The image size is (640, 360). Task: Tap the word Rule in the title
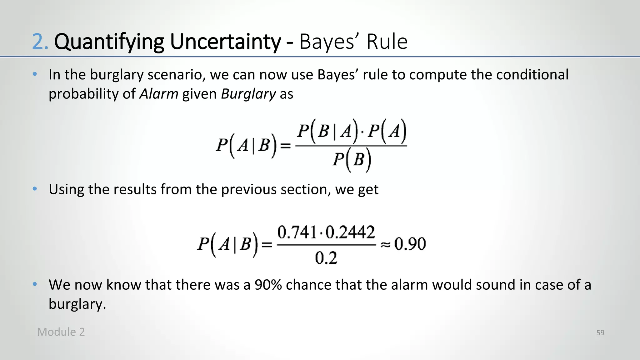(x=387, y=42)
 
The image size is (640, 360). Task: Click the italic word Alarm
(x=159, y=94)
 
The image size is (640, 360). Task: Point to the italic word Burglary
(x=248, y=94)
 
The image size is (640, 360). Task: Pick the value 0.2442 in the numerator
(x=350, y=232)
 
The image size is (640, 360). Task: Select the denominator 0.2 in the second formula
(x=326, y=258)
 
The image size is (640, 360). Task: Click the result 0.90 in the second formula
(x=410, y=244)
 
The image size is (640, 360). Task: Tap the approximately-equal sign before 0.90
(x=385, y=245)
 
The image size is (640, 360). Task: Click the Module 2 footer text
(x=61, y=332)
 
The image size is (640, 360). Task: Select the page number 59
(x=600, y=333)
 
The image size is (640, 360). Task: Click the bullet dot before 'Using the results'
(x=35, y=189)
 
